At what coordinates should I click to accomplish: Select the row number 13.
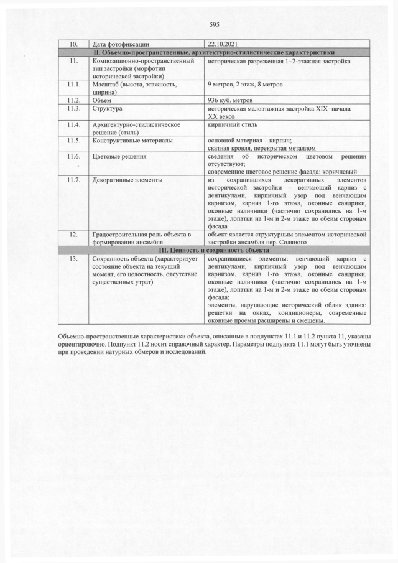(73, 258)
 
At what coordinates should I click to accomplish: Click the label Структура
(107, 108)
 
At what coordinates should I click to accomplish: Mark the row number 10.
(73, 45)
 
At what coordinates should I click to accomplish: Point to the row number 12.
(73, 234)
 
